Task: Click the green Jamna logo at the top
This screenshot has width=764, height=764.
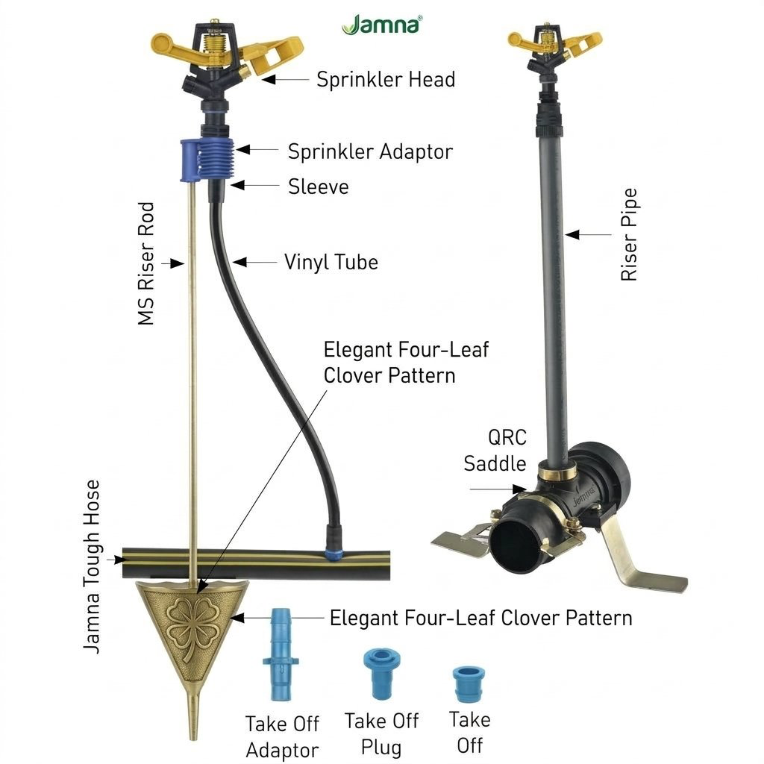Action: click(x=381, y=25)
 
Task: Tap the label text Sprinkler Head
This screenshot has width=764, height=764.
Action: click(x=386, y=79)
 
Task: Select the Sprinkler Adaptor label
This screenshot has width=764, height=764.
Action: click(x=370, y=151)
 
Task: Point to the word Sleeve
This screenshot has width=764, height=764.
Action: click(x=318, y=187)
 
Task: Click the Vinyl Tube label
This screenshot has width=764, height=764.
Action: click(x=331, y=262)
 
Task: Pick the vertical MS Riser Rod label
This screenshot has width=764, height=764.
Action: click(x=146, y=263)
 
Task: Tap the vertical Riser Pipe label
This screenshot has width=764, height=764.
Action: click(x=629, y=235)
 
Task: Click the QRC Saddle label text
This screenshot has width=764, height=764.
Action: click(x=495, y=450)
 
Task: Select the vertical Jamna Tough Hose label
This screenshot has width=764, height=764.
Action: click(x=91, y=567)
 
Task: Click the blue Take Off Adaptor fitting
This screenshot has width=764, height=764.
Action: click(x=281, y=654)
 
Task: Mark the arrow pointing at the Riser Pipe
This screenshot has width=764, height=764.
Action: click(x=588, y=235)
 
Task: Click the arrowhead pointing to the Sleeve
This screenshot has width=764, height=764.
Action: click(x=237, y=186)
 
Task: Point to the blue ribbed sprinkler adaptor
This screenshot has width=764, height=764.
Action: click(x=207, y=160)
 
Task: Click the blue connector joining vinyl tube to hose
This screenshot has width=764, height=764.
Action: click(x=334, y=554)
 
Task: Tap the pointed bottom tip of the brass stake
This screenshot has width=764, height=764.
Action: click(x=193, y=738)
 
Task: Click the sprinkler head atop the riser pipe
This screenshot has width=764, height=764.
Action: click(x=554, y=51)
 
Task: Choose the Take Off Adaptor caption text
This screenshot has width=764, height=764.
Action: click(x=282, y=736)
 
